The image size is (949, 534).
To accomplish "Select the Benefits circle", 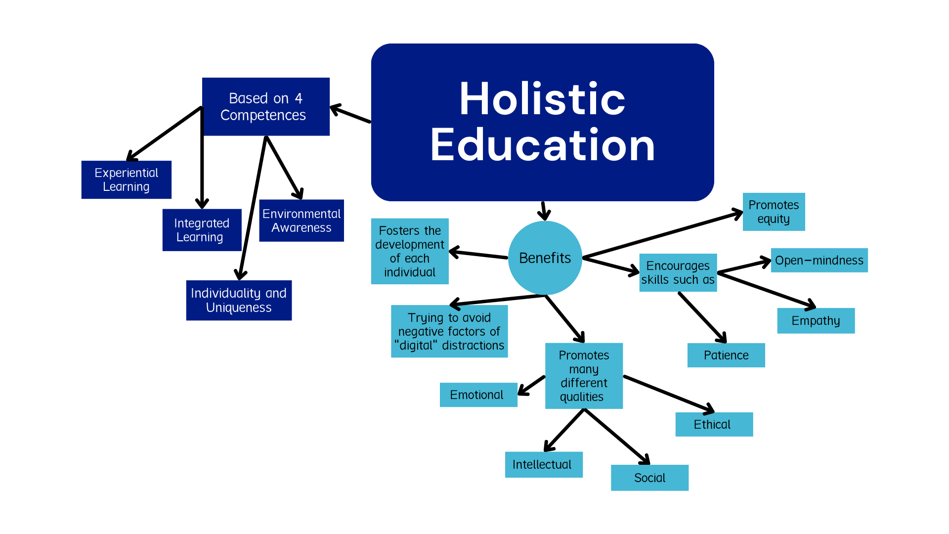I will point(545,258).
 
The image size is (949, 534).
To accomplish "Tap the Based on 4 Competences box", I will point(266,106).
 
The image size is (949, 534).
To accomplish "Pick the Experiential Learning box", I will point(126,179).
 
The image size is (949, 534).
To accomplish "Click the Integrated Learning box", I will point(202,230).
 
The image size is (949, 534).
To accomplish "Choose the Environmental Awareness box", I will point(302,221).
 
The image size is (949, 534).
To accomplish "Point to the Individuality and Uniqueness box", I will point(239,300).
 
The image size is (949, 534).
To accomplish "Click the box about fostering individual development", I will point(409,251).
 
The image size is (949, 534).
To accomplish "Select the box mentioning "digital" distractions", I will point(449,331).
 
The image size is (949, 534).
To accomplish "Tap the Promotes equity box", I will point(774,212).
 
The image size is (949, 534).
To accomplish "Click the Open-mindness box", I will point(819,260).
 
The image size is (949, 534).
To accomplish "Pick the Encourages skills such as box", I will point(678,272).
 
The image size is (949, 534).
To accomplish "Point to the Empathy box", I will point(816,321).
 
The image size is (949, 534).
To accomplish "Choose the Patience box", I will point(726,355).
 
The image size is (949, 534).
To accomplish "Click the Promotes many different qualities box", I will point(584,376).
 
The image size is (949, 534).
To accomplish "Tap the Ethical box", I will point(714,424).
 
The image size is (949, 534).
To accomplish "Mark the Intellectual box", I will point(544,465).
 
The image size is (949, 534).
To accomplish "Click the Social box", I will point(649,478).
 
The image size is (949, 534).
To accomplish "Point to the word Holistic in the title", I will point(542,99).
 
